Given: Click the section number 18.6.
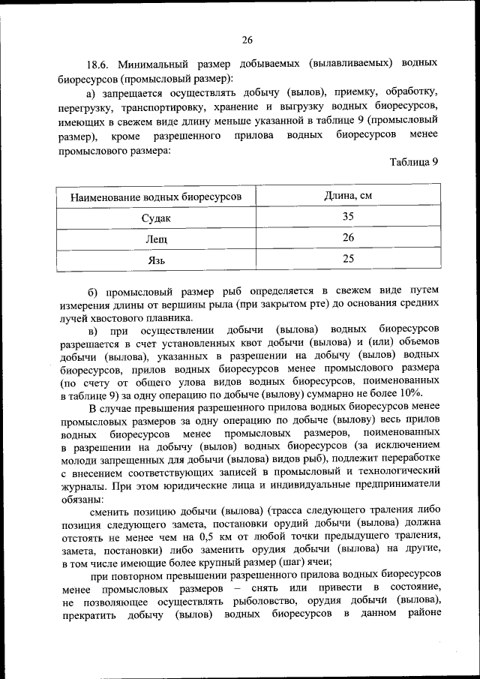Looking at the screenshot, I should pos(99,65).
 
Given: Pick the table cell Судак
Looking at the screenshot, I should pos(156,218).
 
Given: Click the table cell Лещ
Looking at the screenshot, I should pos(156,239).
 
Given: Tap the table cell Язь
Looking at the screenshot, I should pos(156,260).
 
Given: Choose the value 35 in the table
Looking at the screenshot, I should pos(347,217).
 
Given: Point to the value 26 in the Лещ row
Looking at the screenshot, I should pos(347,238).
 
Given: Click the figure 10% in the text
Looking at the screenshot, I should pos(411,394).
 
